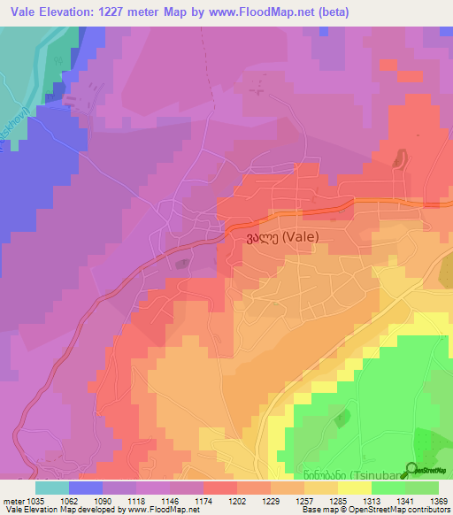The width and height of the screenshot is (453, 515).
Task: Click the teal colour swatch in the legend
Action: (51, 487)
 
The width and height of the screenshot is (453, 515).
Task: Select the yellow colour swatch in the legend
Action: (354, 487)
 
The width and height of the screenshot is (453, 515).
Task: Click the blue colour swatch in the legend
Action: (85, 487)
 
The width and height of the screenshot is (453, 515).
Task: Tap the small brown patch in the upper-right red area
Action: (396, 159)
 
